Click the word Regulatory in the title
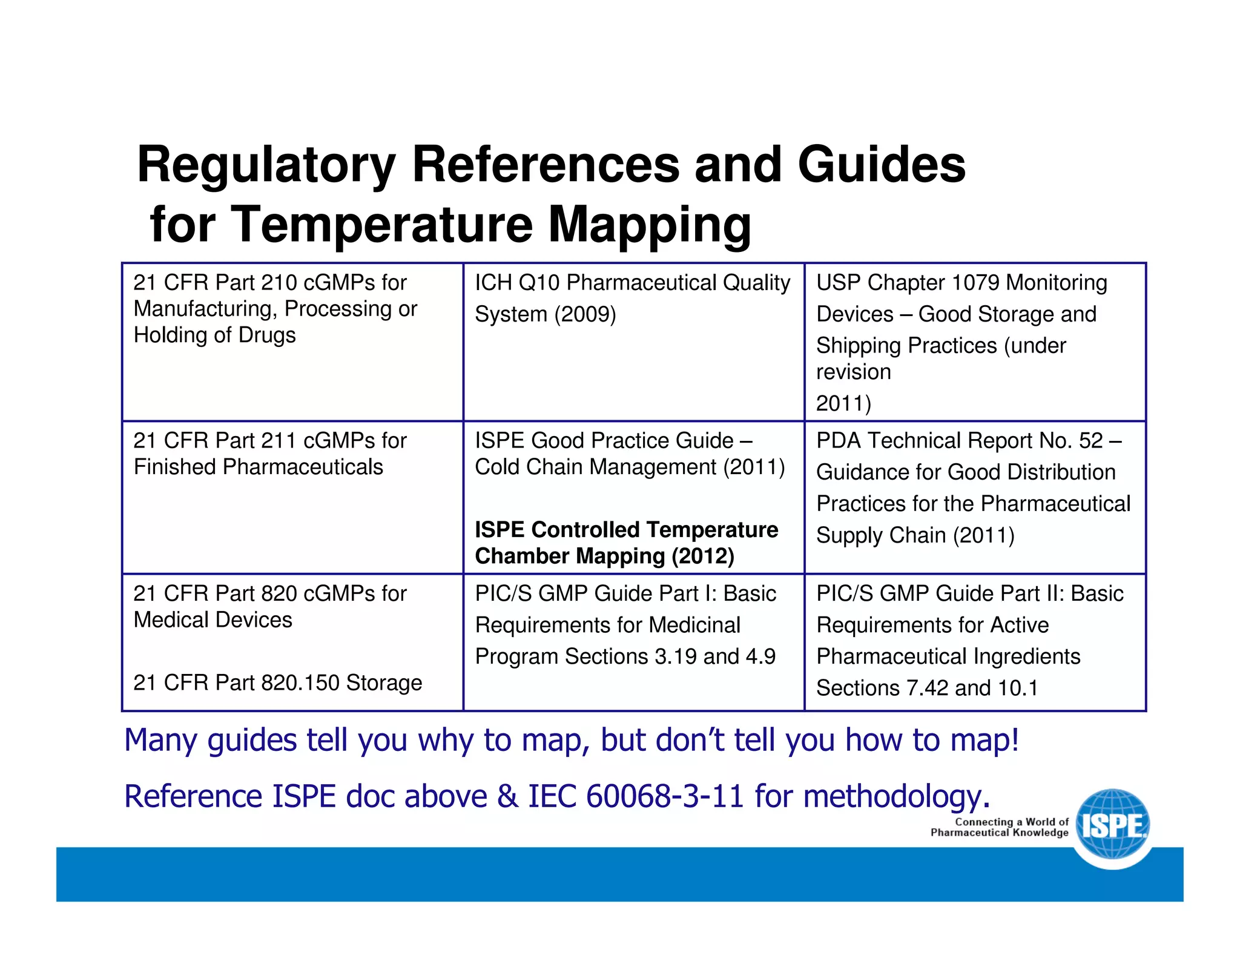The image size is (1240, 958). [266, 165]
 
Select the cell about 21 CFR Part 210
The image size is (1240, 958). [275, 309]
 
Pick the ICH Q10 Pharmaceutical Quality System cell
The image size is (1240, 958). [632, 298]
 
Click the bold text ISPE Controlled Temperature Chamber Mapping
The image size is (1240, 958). [626, 543]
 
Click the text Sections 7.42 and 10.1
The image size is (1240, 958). [927, 688]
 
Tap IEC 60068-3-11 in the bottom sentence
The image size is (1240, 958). [636, 796]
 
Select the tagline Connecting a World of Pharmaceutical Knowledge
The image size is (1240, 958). [1000, 827]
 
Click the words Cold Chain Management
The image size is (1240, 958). [596, 467]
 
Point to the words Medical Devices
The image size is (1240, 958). [213, 620]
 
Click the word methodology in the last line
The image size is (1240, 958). [896, 796]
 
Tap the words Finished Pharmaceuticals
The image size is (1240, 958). [258, 467]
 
